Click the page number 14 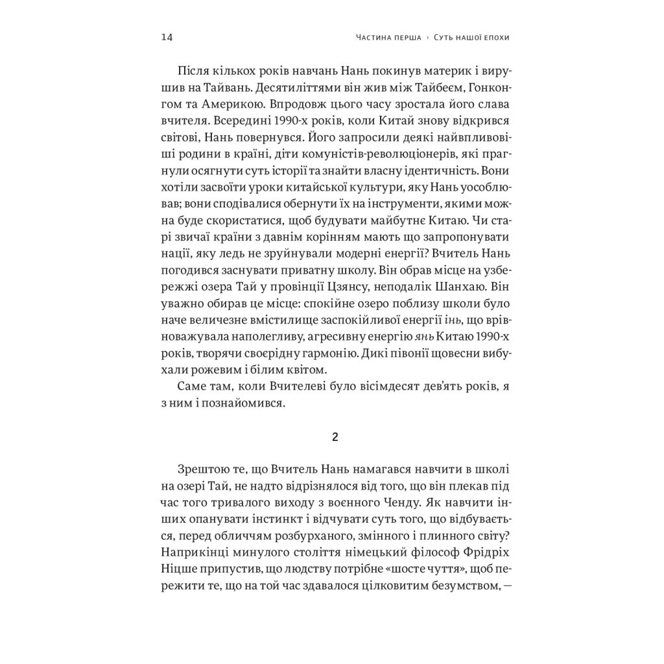[166, 38]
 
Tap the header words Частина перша [388, 38]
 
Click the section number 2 [335, 437]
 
